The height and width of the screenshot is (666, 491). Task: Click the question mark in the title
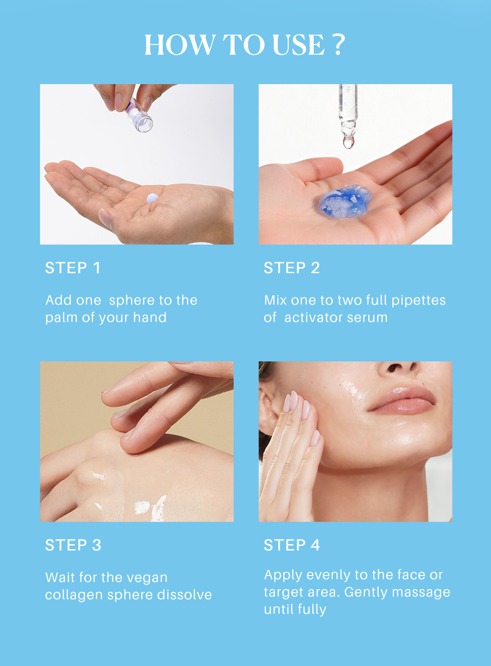click(x=338, y=44)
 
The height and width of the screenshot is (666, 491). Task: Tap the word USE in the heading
click(x=299, y=45)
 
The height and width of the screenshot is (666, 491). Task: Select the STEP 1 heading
click(x=73, y=268)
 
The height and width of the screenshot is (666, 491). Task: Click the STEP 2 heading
click(x=292, y=268)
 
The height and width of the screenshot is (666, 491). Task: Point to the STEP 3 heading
click(x=73, y=545)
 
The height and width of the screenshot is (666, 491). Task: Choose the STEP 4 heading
click(x=292, y=545)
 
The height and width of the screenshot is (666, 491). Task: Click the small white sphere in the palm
click(x=152, y=198)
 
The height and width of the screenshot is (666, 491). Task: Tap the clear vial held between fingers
click(x=139, y=116)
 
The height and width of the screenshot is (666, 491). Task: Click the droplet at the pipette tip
click(x=348, y=142)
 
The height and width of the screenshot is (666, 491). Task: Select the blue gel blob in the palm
click(x=345, y=200)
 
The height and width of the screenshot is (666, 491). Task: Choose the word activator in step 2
click(x=313, y=317)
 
